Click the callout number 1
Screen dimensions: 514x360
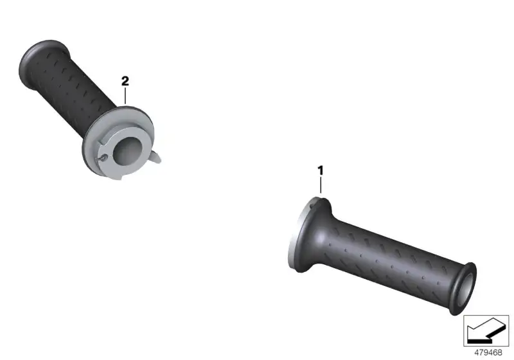(320, 170)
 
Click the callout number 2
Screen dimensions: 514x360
(125, 81)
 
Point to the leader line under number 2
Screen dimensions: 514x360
(125, 96)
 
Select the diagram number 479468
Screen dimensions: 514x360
(488, 352)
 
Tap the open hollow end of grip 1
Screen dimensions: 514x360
(465, 289)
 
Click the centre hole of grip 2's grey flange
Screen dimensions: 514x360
(127, 151)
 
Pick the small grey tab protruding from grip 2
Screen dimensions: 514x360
(156, 157)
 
